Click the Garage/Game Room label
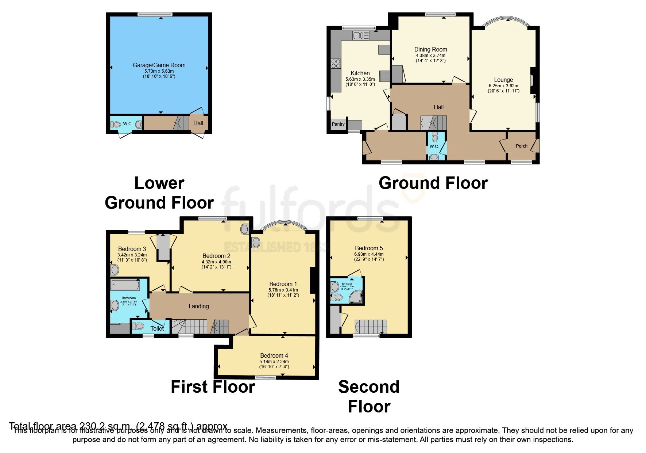pos(159,65)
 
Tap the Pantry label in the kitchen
pos(338,124)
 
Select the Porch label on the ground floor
pos(521,146)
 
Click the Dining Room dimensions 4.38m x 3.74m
pos(430,56)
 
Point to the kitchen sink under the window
pos(361,35)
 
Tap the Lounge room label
pos(503,80)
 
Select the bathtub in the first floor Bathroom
pos(125,285)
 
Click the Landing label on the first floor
pos(198,306)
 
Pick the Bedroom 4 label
pos(274,355)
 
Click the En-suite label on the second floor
pos(347,283)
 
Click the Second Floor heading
pos(369,397)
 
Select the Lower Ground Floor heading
pos(159,193)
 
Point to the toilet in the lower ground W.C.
pos(116,125)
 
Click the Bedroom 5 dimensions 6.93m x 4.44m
pos(369,254)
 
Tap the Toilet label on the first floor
pos(157,328)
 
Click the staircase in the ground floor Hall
pos(433,123)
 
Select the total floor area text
pos(118,426)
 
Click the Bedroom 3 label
pos(132,249)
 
